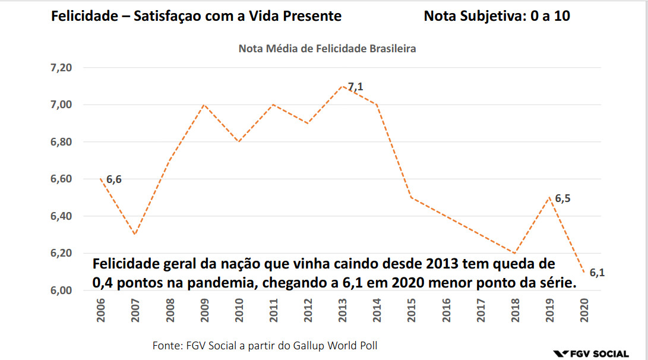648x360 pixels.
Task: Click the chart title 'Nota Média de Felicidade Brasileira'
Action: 327,49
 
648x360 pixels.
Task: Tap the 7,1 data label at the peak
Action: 355,87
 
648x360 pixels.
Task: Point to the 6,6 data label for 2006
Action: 114,179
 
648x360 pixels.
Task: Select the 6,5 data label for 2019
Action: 563,198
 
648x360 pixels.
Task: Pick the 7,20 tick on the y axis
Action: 61,68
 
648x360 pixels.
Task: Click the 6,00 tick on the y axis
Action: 61,290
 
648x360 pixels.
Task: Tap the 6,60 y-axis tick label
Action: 61,179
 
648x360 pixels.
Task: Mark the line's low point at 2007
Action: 135,234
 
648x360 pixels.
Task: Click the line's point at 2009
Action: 204,105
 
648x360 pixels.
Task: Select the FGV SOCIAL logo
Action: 590,353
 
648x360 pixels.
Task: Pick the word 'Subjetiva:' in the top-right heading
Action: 491,16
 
